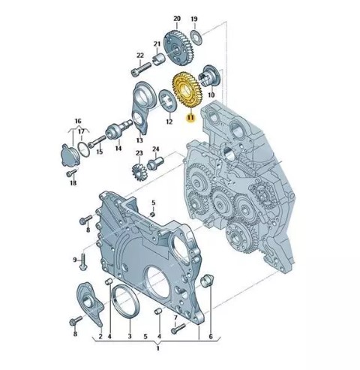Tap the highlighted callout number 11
pyautogui.click(x=190, y=117)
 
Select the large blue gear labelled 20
pyautogui.click(x=176, y=48)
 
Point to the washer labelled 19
pyautogui.click(x=196, y=38)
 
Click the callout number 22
pyautogui.click(x=140, y=56)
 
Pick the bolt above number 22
pyautogui.click(x=141, y=69)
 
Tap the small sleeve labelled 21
pyautogui.click(x=158, y=59)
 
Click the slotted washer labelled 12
pyautogui.click(x=167, y=101)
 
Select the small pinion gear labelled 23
pyautogui.click(x=139, y=171)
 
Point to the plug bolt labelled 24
pyautogui.click(x=155, y=164)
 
